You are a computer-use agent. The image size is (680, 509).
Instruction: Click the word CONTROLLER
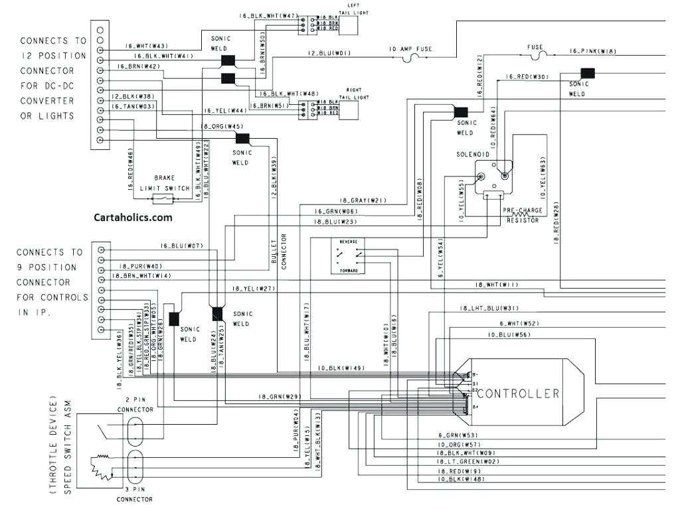pos(519,394)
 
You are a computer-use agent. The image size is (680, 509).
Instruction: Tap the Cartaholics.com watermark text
pos(133,217)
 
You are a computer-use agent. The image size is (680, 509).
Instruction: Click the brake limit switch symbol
pos(162,199)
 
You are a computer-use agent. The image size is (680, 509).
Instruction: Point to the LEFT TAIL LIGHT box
pos(348,25)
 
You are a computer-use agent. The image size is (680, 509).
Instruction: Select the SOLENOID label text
pos(472,154)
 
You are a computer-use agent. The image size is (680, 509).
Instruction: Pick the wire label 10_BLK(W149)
pos(341,368)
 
